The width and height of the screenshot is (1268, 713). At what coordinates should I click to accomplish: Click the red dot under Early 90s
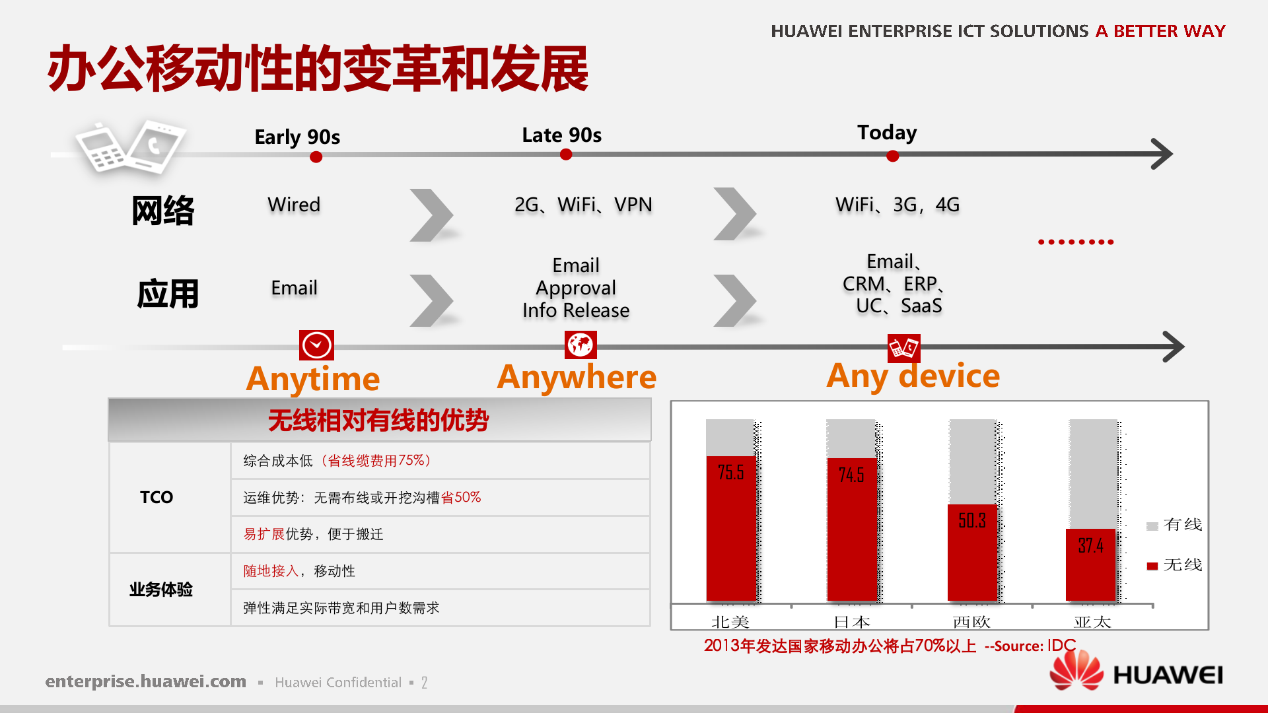pos(316,157)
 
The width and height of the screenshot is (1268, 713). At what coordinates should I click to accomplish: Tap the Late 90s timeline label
pos(561,135)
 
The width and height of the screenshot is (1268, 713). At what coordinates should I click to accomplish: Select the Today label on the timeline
pos(887,133)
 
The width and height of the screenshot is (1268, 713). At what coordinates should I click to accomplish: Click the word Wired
pos(294,205)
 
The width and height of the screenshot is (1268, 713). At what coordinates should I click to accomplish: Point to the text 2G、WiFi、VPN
pos(583,205)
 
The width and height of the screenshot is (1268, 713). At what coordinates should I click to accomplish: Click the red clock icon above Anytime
pos(316,345)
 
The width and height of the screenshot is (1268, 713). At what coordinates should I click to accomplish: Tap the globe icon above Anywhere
pos(581,345)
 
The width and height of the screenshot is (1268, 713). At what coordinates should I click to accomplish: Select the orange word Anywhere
pos(577,377)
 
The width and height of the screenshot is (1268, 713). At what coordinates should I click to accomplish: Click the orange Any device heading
pos(913,376)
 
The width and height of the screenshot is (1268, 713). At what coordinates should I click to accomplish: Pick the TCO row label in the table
pos(157,497)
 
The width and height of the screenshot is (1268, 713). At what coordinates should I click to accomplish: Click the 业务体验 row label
pos(160,590)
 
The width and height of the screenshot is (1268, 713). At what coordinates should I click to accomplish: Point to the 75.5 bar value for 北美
pos(730,473)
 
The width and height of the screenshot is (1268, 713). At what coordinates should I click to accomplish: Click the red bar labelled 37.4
pos(1090,564)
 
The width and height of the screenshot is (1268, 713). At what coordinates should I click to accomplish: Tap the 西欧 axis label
pos(971,622)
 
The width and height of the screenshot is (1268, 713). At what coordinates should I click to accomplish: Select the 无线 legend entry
pos(1175,565)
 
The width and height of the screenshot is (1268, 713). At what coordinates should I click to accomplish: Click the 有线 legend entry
pos(1175,525)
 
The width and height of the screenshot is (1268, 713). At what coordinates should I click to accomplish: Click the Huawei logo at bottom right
pos(1136,673)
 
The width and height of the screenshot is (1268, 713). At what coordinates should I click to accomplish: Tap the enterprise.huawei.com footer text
pos(145,681)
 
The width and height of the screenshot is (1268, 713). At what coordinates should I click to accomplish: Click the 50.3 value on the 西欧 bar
pos(972,521)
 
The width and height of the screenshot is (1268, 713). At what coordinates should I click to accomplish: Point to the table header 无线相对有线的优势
pos(378,421)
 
